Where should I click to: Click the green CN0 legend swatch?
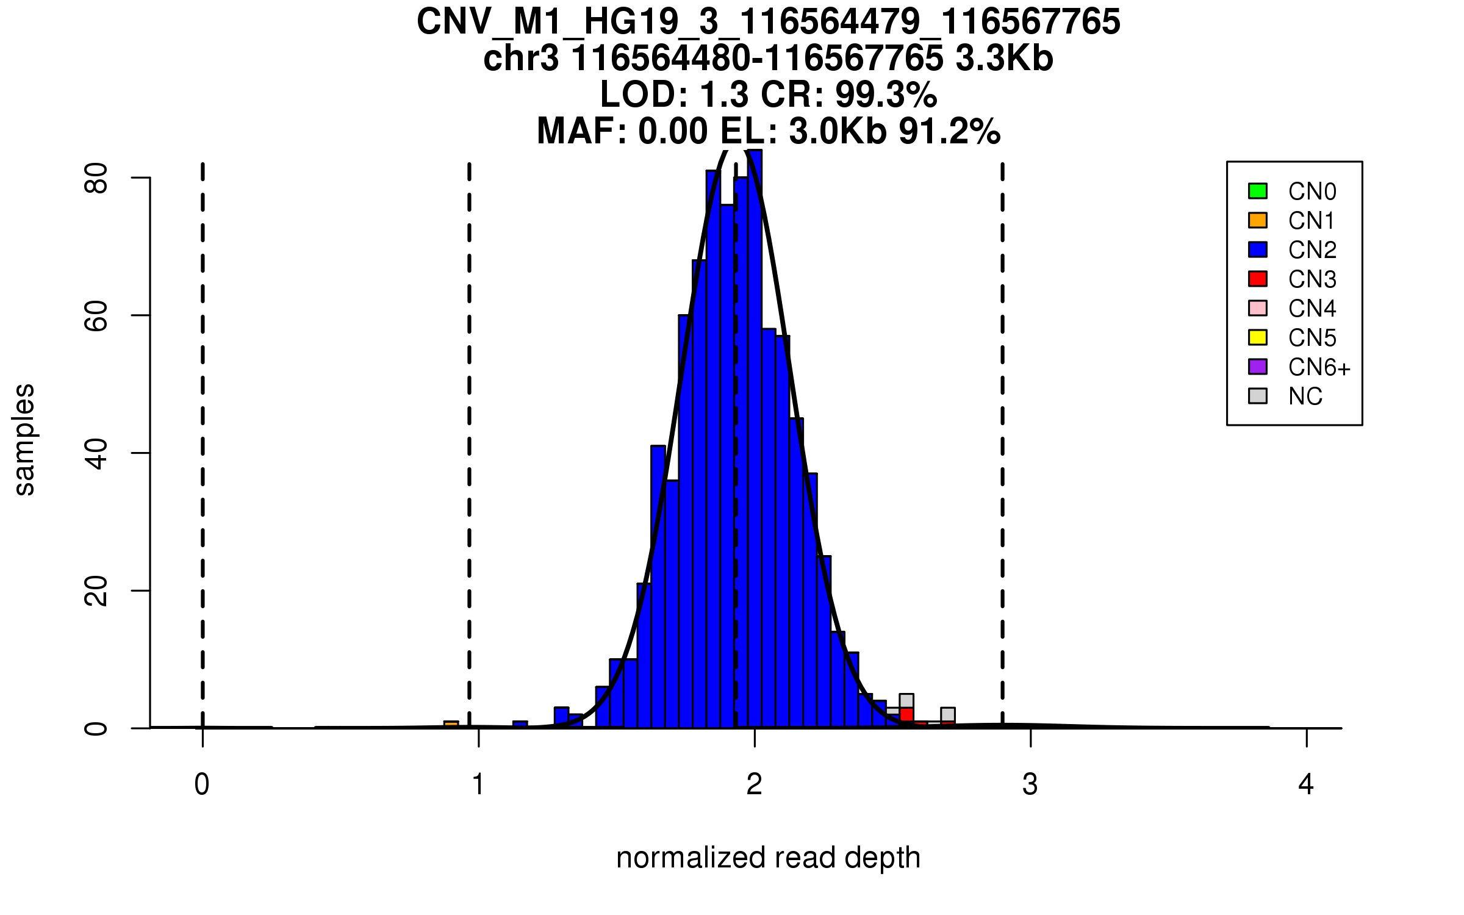pyautogui.click(x=1258, y=191)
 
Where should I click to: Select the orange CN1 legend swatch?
pyautogui.click(x=1258, y=220)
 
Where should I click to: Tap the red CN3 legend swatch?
pyautogui.click(x=1258, y=279)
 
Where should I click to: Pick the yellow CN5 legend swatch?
pyautogui.click(x=1258, y=337)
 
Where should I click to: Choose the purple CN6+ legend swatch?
pyautogui.click(x=1258, y=367)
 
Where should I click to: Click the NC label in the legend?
pyautogui.click(x=1305, y=396)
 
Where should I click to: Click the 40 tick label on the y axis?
pyautogui.click(x=96, y=453)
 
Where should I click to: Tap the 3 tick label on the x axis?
pyautogui.click(x=1030, y=784)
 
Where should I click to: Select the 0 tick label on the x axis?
pyautogui.click(x=202, y=784)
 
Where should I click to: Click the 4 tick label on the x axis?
pyautogui.click(x=1306, y=784)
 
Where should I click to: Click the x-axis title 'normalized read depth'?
pyautogui.click(x=768, y=858)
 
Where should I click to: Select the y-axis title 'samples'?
pyautogui.click(x=24, y=440)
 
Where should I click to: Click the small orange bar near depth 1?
pyautogui.click(x=451, y=724)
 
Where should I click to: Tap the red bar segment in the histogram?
pyautogui.click(x=906, y=714)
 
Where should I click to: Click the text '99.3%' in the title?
pyautogui.click(x=886, y=95)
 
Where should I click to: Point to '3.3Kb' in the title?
pyautogui.click(x=1004, y=59)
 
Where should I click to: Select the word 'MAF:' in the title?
pyautogui.click(x=582, y=131)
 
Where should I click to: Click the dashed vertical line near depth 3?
pyautogui.click(x=1002, y=427)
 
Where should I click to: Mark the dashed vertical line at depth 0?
pyautogui.click(x=203, y=427)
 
